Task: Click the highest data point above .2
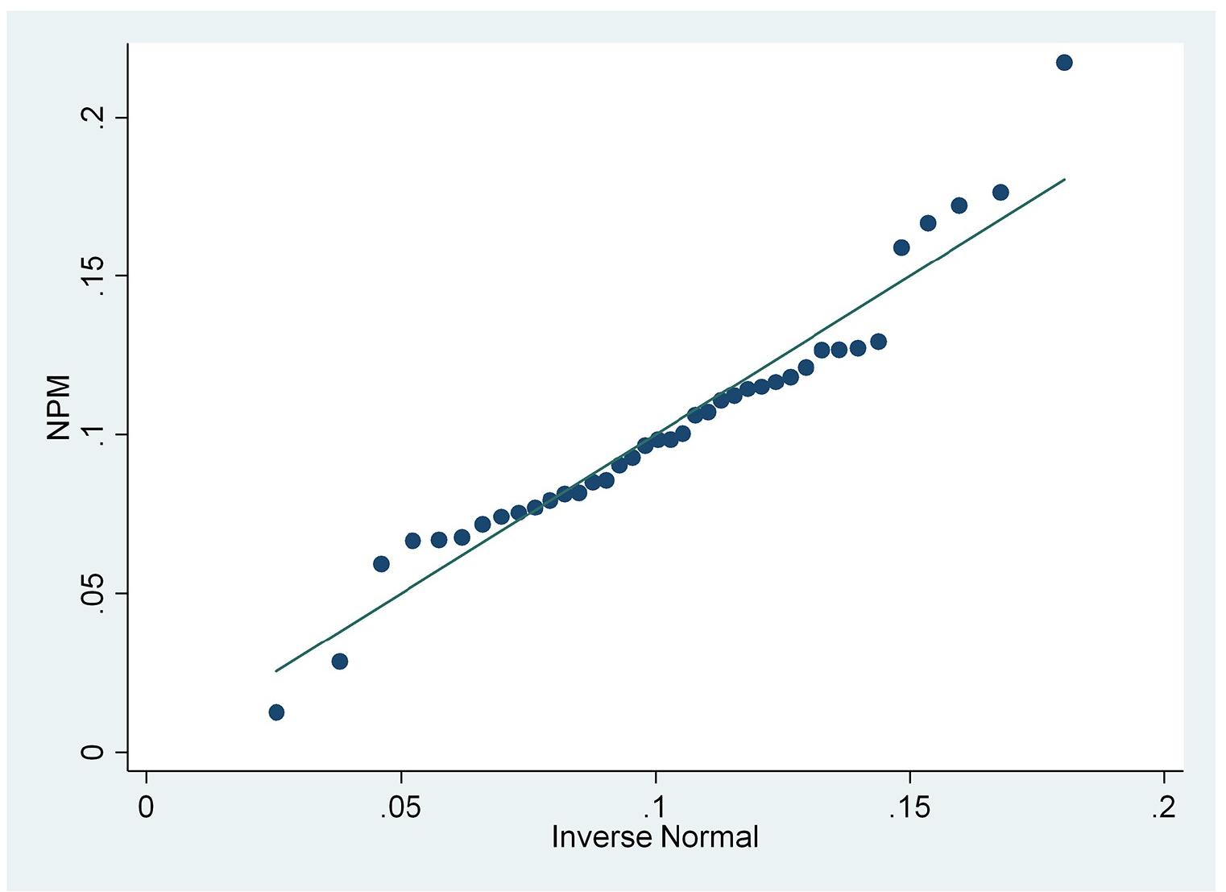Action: [1063, 62]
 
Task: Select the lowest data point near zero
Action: [276, 712]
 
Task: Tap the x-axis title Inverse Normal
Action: [655, 836]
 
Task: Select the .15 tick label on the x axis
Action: [909, 807]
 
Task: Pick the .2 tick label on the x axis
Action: [1164, 807]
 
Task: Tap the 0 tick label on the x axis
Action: [146, 807]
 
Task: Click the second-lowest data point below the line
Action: [339, 661]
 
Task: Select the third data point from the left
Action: [381, 563]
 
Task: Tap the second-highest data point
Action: [1000, 192]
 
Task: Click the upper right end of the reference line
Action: [1064, 179]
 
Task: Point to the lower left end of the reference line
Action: [276, 670]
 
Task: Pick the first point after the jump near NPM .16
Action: [901, 247]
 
